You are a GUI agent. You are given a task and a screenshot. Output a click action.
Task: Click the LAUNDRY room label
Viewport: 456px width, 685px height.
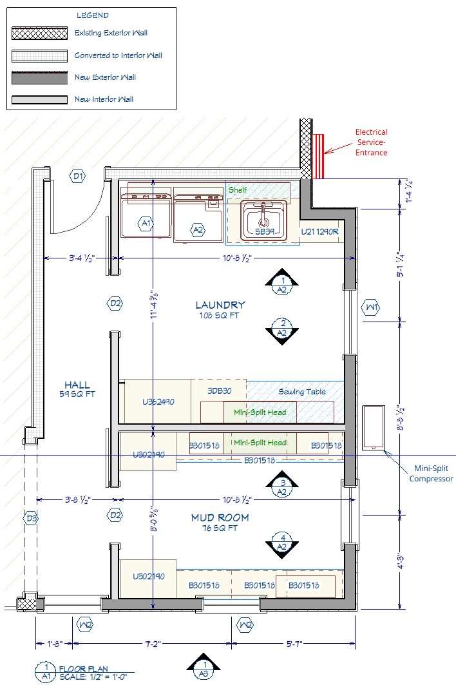click(220, 305)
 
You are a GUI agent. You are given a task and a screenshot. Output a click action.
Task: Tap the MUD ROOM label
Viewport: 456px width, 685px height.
click(220, 517)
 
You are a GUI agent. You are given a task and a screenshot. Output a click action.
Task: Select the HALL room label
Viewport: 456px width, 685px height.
click(77, 385)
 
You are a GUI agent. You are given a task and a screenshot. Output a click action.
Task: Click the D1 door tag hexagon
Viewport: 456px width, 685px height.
click(78, 177)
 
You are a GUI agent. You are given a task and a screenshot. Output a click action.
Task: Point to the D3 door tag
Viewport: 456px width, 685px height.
click(31, 519)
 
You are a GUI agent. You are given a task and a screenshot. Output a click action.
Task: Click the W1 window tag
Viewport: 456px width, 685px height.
click(371, 307)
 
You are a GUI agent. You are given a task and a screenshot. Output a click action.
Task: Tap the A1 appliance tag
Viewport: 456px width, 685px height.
click(146, 224)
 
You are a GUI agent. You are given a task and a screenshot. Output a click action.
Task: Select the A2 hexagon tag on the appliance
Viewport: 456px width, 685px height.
click(198, 230)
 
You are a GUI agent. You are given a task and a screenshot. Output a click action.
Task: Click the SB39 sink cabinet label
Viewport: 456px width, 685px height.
click(265, 231)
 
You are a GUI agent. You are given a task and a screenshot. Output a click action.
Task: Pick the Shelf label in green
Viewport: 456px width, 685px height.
click(238, 190)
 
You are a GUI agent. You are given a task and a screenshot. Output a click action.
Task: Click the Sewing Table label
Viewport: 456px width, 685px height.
click(302, 392)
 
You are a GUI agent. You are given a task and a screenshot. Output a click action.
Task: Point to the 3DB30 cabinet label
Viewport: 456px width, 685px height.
click(219, 391)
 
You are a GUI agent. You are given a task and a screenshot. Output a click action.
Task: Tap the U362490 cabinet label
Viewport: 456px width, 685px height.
click(158, 402)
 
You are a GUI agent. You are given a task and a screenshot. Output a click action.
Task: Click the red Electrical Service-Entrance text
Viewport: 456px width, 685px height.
click(371, 142)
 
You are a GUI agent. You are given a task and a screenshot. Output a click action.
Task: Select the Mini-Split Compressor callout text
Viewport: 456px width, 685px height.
click(431, 474)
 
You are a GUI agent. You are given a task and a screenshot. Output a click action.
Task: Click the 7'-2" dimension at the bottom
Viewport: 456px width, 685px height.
click(153, 644)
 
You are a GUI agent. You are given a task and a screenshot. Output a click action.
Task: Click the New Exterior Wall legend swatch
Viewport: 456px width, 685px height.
click(40, 77)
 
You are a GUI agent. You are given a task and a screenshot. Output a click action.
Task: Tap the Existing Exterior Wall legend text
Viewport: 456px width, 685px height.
click(111, 33)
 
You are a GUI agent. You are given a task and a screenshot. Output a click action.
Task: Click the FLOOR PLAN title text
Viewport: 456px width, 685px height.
click(84, 669)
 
